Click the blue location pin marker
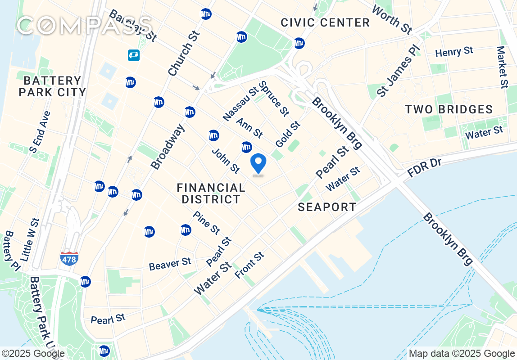click(258, 164)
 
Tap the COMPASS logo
click(84, 26)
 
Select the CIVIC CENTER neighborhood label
click(325, 22)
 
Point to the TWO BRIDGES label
click(449, 109)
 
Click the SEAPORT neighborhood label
click(327, 207)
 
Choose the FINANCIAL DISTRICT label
click(211, 193)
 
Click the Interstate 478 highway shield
click(69, 258)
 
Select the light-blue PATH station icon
click(133, 55)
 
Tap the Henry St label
click(454, 52)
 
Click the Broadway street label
click(168, 147)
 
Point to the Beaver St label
click(170, 264)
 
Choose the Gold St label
click(287, 134)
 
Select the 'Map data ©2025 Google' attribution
click(462, 354)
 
